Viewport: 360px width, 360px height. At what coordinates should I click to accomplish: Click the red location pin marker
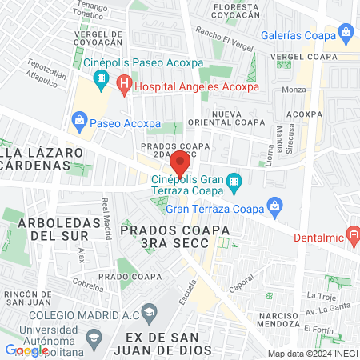tap(181, 162)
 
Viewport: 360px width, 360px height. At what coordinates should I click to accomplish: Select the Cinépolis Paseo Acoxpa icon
tap(100, 78)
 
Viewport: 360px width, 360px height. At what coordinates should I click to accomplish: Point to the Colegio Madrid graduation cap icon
tap(149, 311)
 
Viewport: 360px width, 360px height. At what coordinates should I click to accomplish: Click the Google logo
tap(26, 350)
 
